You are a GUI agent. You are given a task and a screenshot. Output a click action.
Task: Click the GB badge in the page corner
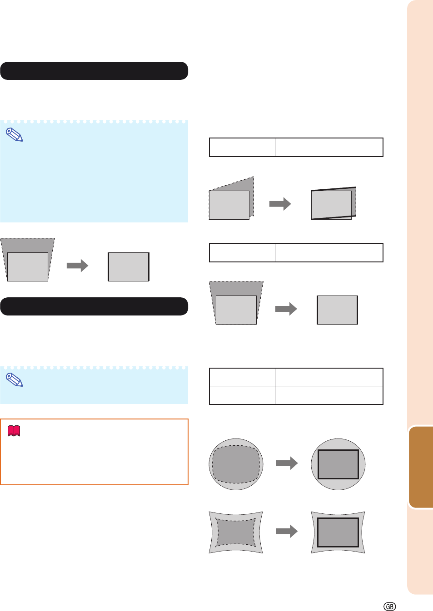pos(389,606)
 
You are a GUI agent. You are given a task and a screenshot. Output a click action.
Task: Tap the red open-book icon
pos(14,431)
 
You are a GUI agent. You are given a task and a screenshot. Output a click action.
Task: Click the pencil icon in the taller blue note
pos(15,135)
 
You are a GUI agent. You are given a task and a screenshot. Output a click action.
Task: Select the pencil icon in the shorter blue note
pos(15,379)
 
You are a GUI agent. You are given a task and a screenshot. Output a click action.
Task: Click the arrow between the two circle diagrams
pos(287,463)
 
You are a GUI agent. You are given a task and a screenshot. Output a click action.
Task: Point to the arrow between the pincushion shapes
pos(287,531)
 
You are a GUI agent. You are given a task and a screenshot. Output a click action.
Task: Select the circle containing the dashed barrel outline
pos(236,464)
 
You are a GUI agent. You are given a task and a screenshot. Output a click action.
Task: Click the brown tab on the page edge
pos(421,467)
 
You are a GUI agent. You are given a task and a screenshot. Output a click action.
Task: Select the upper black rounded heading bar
pos(94,71)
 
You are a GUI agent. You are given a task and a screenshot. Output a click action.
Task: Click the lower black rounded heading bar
pos(94,306)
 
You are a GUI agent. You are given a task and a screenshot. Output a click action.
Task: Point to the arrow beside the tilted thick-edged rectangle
pos(280,204)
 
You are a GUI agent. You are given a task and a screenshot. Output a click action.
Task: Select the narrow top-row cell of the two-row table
pos(242,377)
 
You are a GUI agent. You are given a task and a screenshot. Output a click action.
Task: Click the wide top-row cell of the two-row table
pos(329,377)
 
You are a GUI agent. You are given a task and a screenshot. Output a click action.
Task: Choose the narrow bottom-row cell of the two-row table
pos(242,395)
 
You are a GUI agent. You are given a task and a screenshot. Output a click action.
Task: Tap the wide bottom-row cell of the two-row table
pos(329,395)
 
